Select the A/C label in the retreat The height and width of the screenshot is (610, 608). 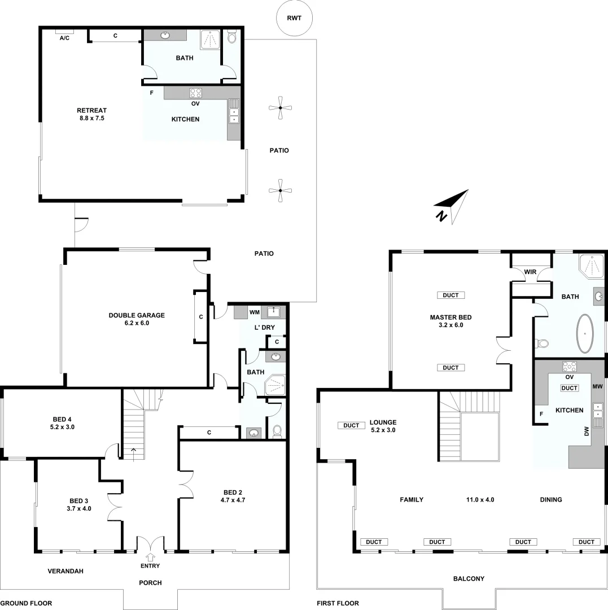[65, 37]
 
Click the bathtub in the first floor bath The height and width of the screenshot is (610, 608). [585, 333]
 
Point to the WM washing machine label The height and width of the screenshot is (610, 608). [255, 312]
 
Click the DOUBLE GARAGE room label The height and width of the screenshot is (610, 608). [137, 315]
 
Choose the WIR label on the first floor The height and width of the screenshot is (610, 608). [530, 272]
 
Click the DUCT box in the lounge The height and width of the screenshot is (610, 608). [351, 425]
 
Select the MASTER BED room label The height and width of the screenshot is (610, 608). [450, 317]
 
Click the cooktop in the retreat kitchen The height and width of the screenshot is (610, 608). [196, 93]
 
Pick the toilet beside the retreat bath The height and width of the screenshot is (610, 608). [232, 38]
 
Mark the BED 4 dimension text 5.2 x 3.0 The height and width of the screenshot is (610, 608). [62, 428]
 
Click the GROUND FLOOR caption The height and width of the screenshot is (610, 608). [26, 603]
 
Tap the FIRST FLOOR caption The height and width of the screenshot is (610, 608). [338, 603]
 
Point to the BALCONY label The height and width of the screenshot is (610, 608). [469, 578]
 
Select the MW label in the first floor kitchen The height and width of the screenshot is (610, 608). [598, 387]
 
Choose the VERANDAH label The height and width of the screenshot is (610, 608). [65, 571]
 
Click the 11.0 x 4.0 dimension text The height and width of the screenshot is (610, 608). [480, 499]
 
